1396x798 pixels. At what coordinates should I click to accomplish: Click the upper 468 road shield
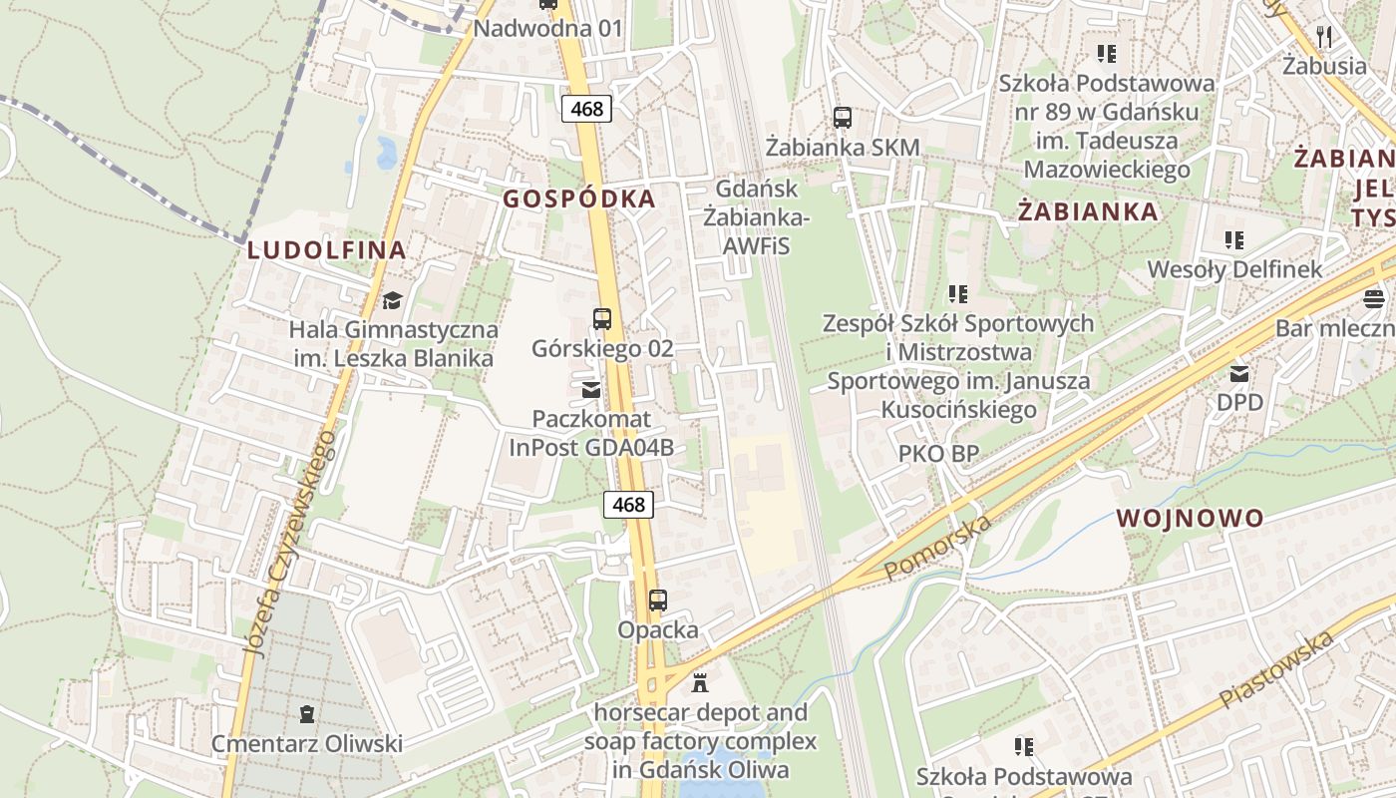[586, 108]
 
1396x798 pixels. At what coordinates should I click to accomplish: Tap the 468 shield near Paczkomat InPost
[629, 505]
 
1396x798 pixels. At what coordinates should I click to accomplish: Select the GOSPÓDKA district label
[579, 199]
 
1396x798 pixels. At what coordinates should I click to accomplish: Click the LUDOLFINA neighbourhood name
[327, 250]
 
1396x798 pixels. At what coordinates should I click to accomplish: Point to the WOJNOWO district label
[1190, 518]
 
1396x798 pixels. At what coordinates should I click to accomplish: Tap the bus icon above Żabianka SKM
[843, 118]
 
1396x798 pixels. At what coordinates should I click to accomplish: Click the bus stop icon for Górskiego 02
[602, 319]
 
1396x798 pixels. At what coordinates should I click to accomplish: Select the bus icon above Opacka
[658, 600]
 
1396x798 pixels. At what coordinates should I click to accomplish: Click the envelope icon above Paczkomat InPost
[591, 389]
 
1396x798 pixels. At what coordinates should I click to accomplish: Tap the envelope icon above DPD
[1239, 374]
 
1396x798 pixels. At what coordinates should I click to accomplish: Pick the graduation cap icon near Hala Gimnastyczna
[392, 300]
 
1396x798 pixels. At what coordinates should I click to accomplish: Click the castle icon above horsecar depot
[700, 683]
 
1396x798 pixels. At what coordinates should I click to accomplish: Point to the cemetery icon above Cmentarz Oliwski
[306, 714]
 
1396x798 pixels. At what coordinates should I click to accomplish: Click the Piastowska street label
[1276, 669]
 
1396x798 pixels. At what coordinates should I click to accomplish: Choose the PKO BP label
[938, 454]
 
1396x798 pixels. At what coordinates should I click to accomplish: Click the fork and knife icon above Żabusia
[1324, 37]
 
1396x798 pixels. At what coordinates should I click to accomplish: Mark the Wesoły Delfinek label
[1234, 269]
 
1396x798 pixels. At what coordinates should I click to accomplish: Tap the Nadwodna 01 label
[547, 28]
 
